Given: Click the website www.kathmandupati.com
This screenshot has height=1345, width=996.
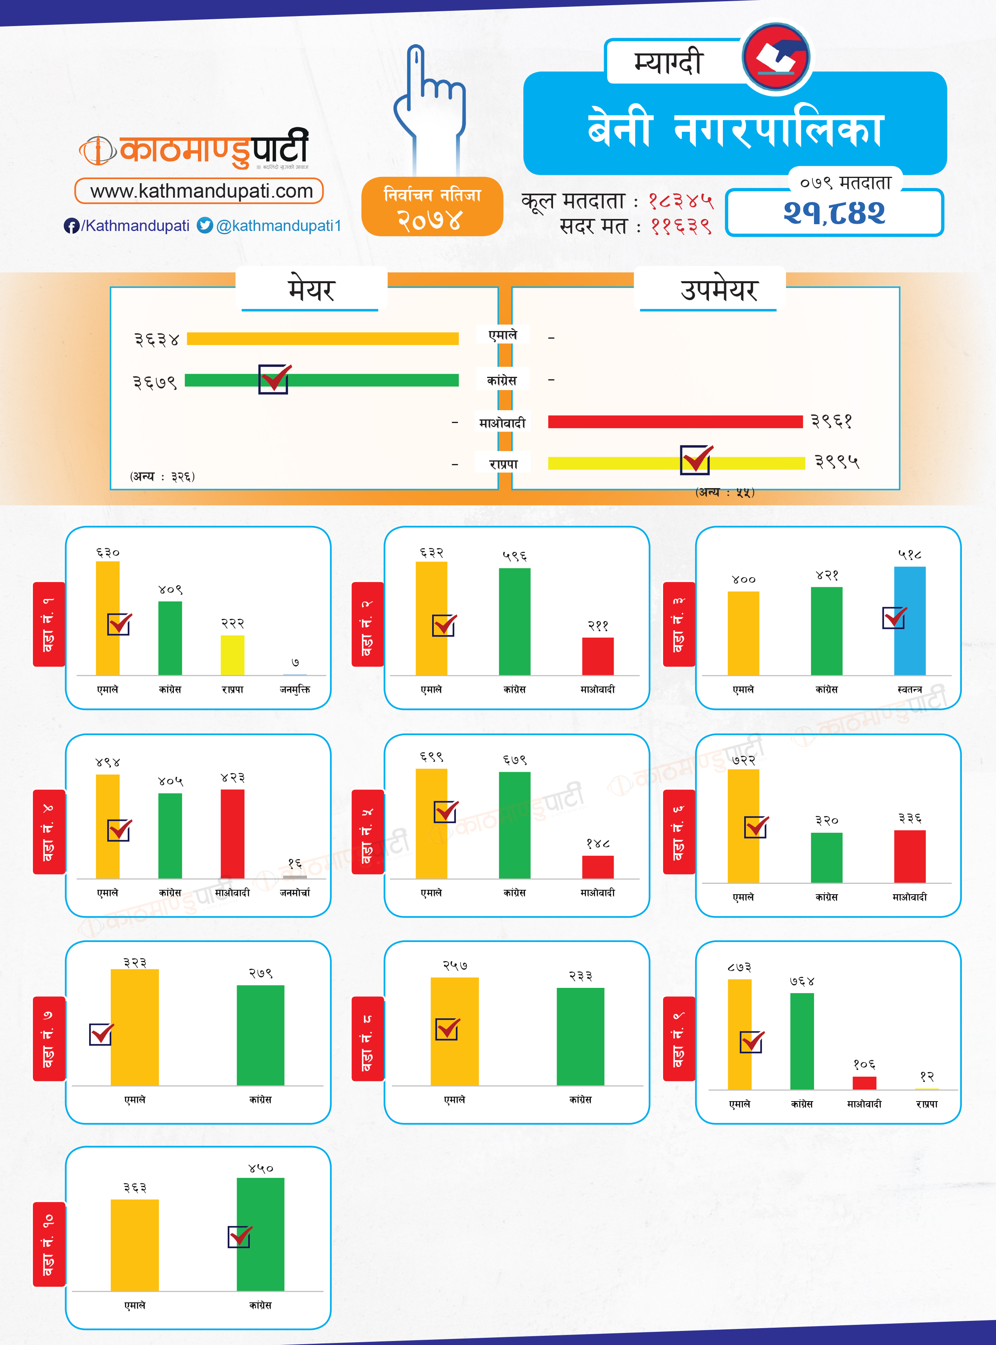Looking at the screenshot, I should tap(201, 191).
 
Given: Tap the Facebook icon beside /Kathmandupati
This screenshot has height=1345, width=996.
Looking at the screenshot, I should tap(71, 226).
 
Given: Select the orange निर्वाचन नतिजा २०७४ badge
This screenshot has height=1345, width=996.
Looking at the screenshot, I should tap(432, 206).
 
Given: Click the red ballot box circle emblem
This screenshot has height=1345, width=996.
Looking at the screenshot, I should tap(777, 58).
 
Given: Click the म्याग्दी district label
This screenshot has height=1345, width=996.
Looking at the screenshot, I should tap(669, 63).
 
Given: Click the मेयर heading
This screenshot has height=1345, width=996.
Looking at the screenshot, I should tap(311, 290).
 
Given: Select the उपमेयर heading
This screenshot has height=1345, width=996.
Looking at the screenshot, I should tap(718, 290).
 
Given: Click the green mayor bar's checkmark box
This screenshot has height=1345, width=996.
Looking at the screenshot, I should tap(274, 379).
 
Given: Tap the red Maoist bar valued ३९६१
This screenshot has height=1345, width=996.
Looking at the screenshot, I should tap(675, 421).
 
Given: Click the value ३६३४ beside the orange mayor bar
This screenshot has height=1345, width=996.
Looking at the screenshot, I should tap(157, 339).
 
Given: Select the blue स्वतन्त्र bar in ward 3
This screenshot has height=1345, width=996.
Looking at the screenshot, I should tap(909, 621).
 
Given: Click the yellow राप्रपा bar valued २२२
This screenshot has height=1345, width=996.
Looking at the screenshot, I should tap(233, 655).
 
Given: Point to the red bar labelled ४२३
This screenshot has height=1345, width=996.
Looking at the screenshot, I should tap(233, 834).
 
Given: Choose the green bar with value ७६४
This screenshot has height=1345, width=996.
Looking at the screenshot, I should tap(802, 1041).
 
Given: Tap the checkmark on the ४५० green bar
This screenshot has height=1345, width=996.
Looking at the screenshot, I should tap(240, 1237).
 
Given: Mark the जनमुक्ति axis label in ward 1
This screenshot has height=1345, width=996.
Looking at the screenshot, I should tap(295, 689).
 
